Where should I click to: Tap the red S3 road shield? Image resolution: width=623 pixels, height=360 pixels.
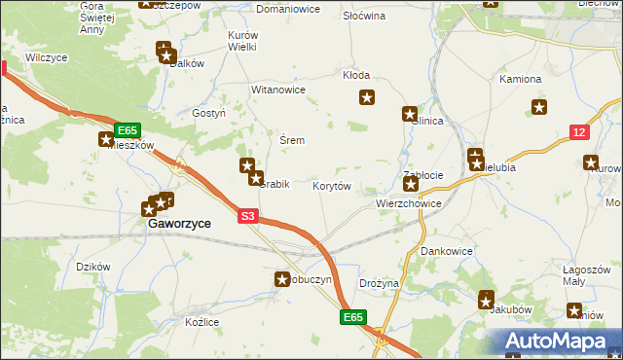coord(248,217)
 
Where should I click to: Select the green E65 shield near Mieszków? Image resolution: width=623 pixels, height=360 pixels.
coord(127,129)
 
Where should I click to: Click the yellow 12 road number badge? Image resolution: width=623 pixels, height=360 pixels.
coord(580,132)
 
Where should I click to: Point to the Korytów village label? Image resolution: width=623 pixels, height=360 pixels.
coord(331,185)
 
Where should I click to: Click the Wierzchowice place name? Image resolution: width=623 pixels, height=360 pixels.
coord(409,204)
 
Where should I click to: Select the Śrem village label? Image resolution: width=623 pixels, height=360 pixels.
coord(292,140)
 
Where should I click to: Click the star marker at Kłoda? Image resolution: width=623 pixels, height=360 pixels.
coord(367,96)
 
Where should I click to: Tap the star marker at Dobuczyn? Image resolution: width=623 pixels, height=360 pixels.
coord(280,280)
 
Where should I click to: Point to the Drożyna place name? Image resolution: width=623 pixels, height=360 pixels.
coord(379,283)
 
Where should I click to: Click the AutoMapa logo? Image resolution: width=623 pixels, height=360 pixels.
coord(558,342)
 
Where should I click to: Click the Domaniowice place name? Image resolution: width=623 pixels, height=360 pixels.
coord(288,9)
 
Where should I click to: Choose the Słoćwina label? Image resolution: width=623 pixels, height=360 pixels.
coord(364,17)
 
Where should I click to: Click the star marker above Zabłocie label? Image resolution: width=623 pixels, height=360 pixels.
coord(412,183)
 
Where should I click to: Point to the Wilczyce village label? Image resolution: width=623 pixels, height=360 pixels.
coord(47,58)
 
